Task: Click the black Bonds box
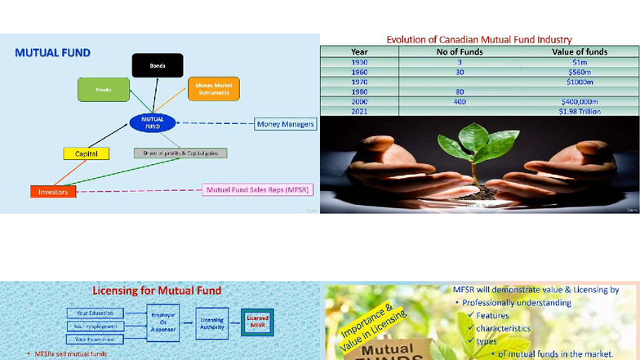coord(158,65)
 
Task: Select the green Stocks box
coord(104,89)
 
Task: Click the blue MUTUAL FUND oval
coord(152,123)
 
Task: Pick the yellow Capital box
coord(86,153)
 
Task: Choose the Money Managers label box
coord(285,124)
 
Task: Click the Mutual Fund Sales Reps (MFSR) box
coord(258,189)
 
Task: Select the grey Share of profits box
coord(180,153)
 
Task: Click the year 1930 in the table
coord(360,62)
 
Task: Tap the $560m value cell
coord(579,72)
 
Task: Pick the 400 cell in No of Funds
coord(460,101)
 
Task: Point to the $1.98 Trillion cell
coord(579,111)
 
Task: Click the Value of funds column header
coord(579,51)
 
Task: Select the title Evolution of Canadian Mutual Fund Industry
coord(478,39)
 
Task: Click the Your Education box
coord(96,313)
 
